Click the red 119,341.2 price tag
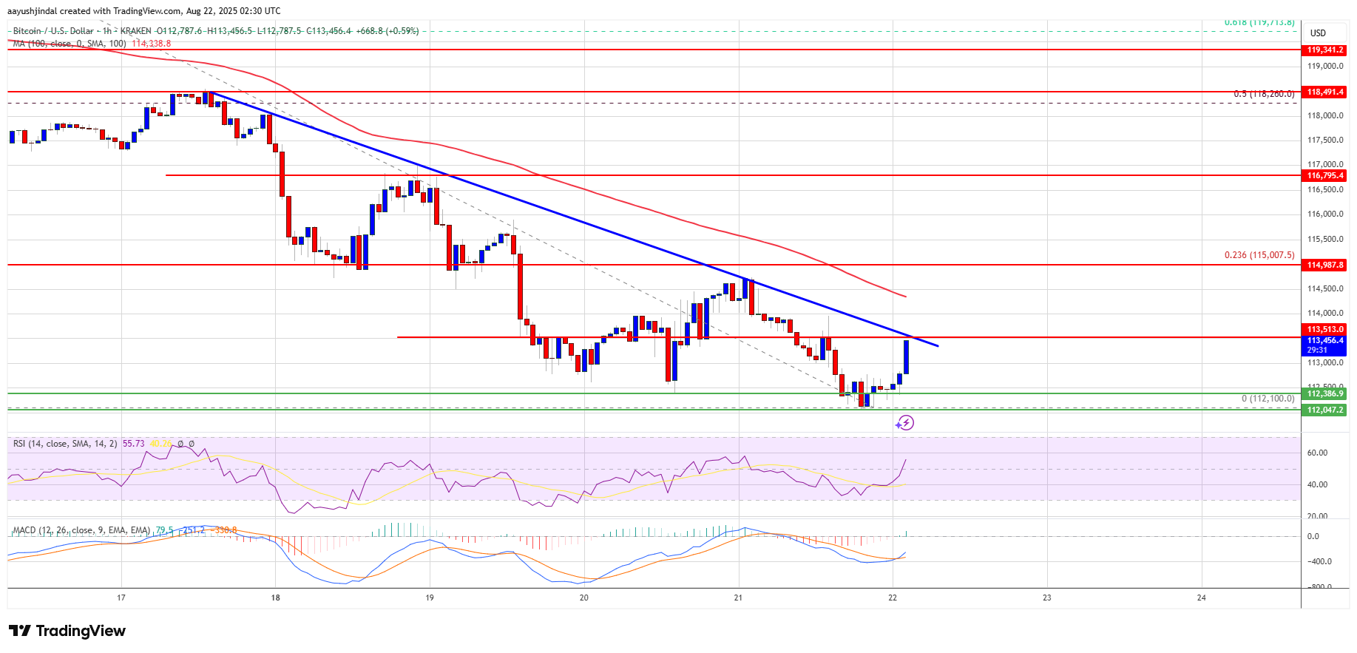(x=1325, y=50)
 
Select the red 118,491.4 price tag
(x=1325, y=92)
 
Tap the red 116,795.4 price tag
(x=1325, y=175)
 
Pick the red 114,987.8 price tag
(x=1325, y=265)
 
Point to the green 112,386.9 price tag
(x=1325, y=394)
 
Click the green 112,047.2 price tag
(x=1325, y=410)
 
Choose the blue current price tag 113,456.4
(x=1325, y=341)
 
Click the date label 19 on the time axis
(x=430, y=598)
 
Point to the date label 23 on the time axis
(x=1046, y=598)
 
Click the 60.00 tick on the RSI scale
(x=1317, y=453)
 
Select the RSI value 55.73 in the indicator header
(x=134, y=444)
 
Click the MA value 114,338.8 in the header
(x=151, y=44)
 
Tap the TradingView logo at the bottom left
(x=67, y=631)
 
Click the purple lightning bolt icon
(x=905, y=423)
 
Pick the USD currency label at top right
(x=1318, y=33)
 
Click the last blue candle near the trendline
(x=906, y=357)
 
